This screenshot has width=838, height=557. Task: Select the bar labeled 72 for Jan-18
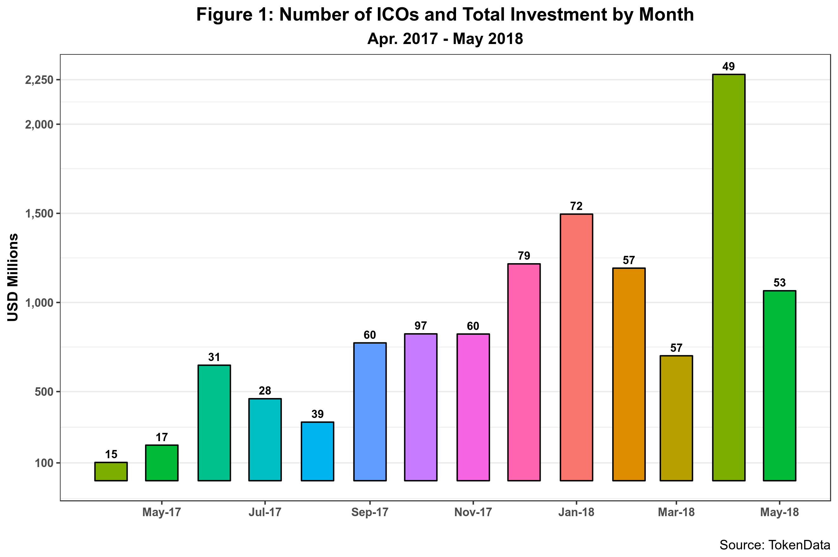tap(576, 347)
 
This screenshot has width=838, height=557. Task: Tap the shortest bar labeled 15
tap(111, 472)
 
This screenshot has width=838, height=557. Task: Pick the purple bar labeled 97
tap(421, 407)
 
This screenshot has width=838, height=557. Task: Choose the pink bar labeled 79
tap(524, 372)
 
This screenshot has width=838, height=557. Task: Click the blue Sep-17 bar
tap(370, 411)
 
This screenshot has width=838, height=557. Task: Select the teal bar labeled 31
tap(214, 423)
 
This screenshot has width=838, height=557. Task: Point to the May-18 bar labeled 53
tap(779, 385)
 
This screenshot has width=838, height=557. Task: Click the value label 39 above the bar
tap(317, 414)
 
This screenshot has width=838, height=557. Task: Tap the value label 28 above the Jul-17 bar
tap(265, 391)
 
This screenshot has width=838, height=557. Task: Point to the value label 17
tap(162, 437)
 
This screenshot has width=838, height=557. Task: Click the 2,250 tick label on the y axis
tap(39, 80)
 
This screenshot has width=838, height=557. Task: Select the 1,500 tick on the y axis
tap(39, 214)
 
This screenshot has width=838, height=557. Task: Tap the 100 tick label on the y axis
tap(44, 463)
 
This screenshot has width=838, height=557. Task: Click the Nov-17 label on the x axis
tap(473, 512)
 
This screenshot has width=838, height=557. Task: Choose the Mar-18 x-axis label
tap(676, 512)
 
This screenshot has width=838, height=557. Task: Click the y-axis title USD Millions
tap(13, 277)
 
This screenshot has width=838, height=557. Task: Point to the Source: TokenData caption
tap(775, 545)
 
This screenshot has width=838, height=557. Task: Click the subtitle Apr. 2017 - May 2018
tap(445, 39)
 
